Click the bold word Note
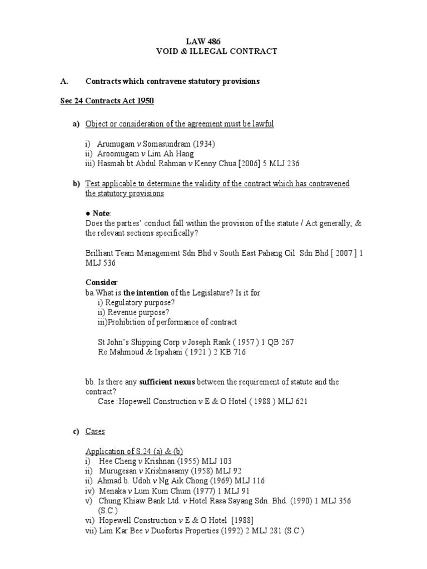pos(101,213)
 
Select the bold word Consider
pos(101,283)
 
